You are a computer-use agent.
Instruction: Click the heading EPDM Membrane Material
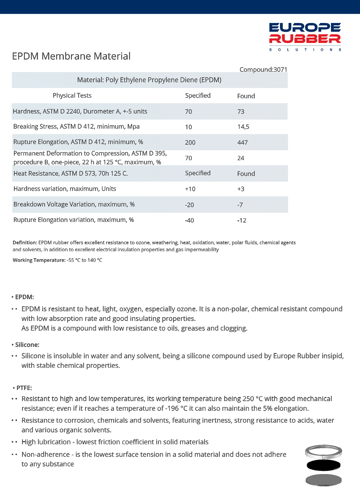click(71, 56)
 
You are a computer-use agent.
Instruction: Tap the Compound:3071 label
click(263, 70)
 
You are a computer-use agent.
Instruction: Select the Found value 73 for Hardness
click(241, 112)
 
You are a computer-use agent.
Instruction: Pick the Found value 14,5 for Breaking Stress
click(243, 127)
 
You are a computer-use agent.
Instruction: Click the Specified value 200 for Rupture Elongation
click(190, 142)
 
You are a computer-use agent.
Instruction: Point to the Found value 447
click(242, 142)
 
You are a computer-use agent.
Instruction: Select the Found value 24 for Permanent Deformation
click(241, 158)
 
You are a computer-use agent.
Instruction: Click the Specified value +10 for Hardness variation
click(190, 189)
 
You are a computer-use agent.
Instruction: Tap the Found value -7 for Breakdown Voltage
click(240, 205)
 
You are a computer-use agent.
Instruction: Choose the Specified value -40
click(189, 220)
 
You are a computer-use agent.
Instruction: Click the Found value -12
click(242, 220)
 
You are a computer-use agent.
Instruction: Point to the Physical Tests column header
click(72, 96)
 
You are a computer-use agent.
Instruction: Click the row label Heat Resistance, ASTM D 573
click(70, 174)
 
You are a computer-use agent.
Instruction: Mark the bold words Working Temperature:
click(39, 260)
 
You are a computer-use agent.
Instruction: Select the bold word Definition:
click(25, 242)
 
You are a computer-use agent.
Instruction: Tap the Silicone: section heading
click(27, 345)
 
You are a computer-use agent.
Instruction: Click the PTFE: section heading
click(24, 388)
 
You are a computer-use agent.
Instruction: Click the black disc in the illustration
click(323, 465)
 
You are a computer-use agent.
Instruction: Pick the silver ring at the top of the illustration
click(323, 451)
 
